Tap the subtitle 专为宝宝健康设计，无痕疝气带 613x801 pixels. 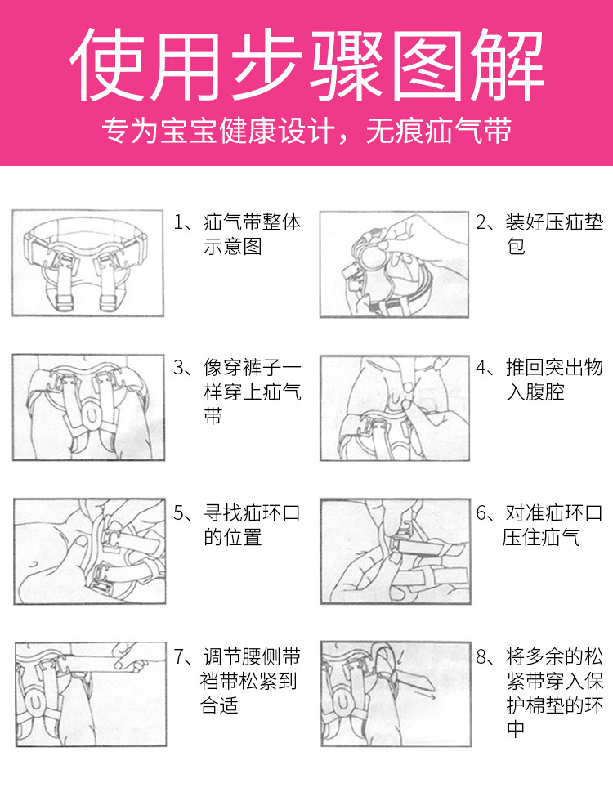pos(306,132)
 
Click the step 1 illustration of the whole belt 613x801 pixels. pos(87,263)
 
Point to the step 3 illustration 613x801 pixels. pos(87,406)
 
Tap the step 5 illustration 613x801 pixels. pos(87,551)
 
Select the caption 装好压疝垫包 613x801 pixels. pos(544,234)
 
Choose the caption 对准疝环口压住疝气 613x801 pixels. pos(544,525)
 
